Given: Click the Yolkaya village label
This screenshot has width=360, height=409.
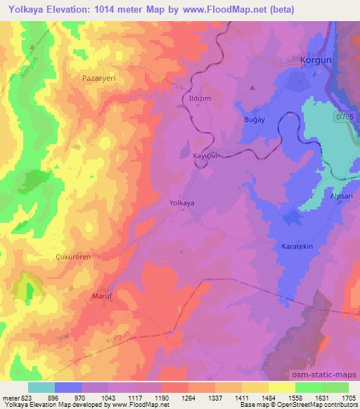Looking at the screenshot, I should (x=182, y=203).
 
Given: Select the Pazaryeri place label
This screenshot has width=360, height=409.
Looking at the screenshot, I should (x=98, y=79).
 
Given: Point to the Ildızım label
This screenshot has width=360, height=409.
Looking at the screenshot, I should (x=197, y=99).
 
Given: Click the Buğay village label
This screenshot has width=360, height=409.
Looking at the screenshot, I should (x=253, y=122).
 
